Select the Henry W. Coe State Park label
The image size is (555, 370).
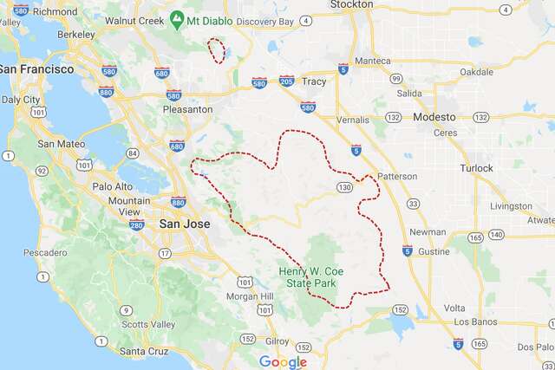pos(317,278)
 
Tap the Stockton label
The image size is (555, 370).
pos(352,4)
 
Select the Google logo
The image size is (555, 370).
pos(283,361)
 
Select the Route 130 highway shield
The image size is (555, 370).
pos(346,186)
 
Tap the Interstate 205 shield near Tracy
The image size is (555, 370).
pos(287,81)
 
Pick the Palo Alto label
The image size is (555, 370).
pos(112,186)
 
